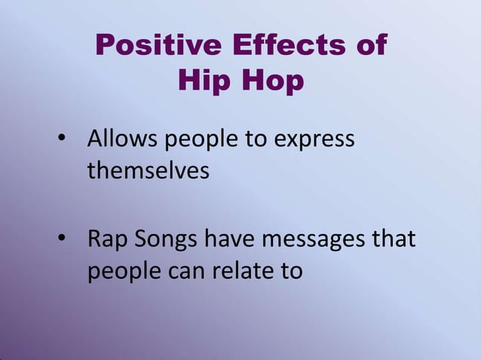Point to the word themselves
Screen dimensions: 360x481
click(149, 170)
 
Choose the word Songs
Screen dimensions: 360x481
click(167, 241)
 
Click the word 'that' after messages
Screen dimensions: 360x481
click(394, 240)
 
